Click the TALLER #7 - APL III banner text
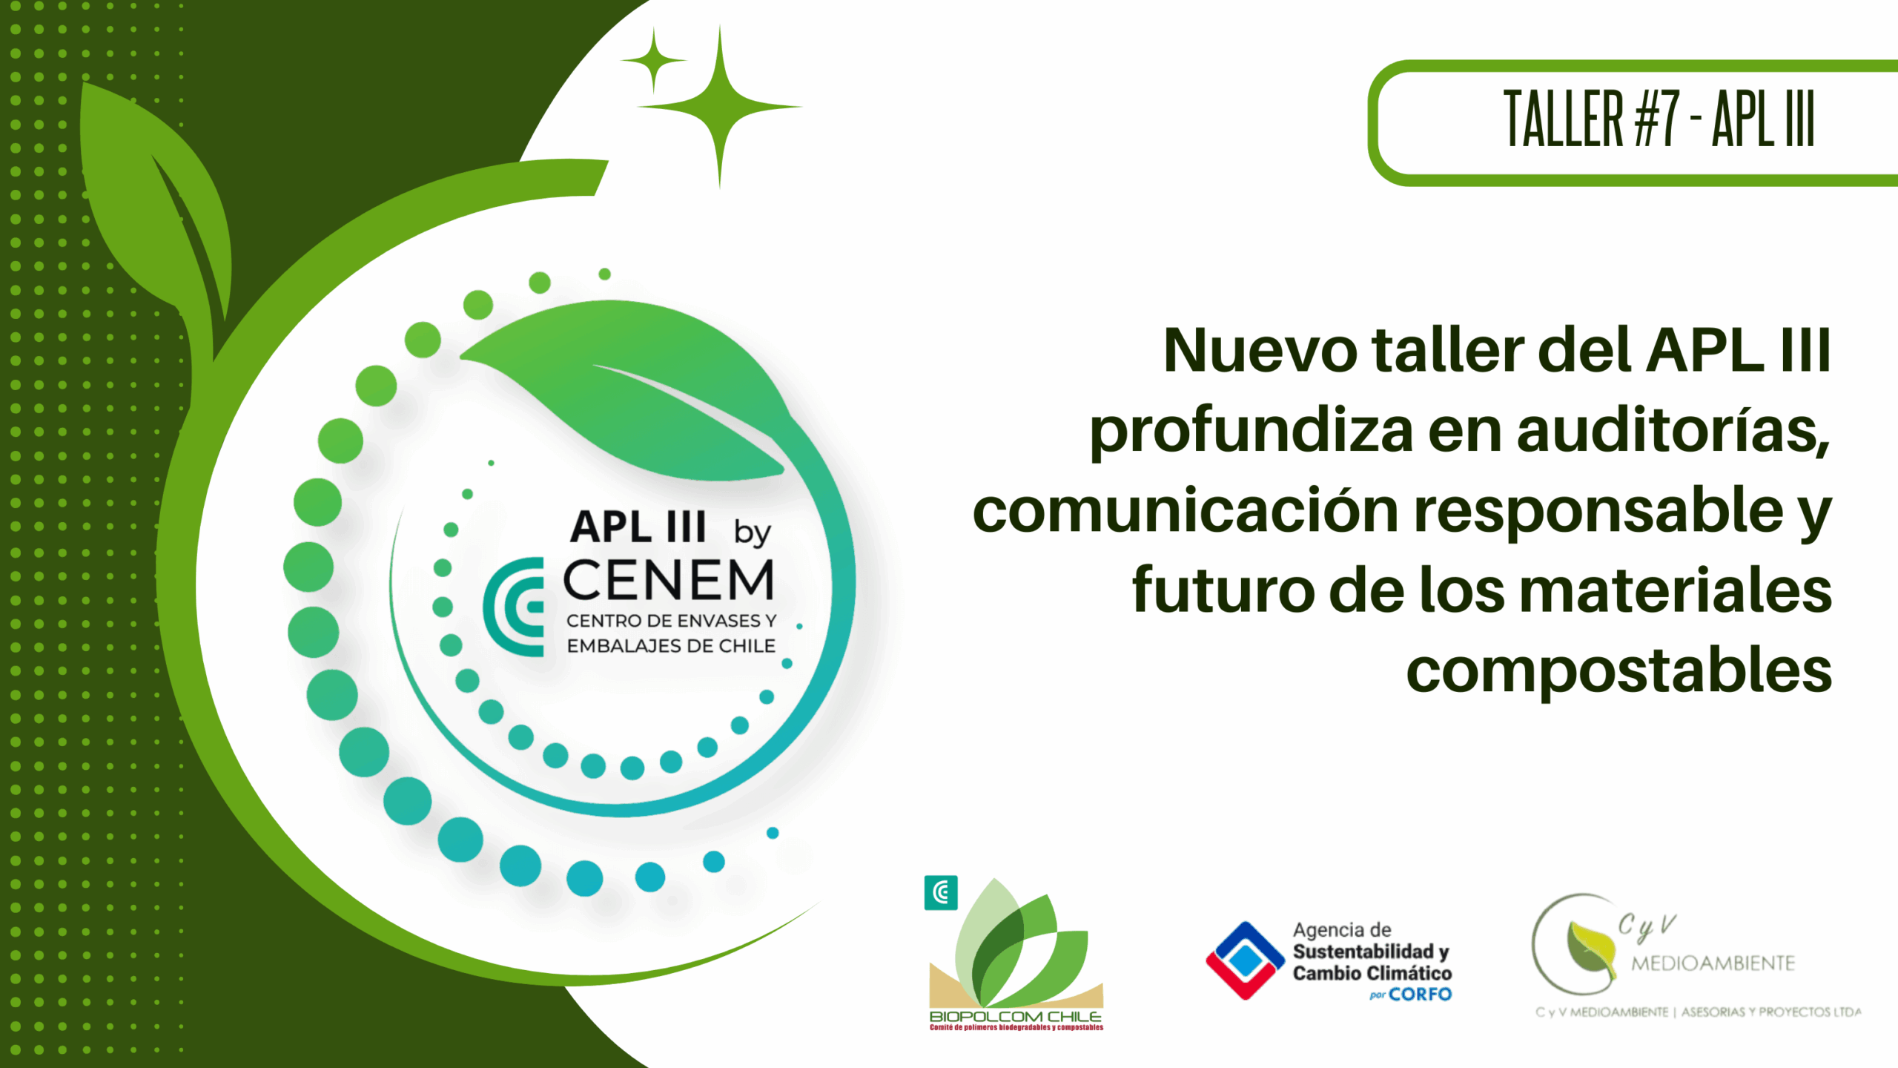point(1659,119)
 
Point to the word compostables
point(1619,672)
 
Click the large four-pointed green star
point(719,107)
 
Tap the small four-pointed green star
point(653,61)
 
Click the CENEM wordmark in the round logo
point(669,580)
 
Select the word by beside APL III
point(753,532)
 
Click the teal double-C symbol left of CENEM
point(513,607)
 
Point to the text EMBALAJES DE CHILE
point(671,646)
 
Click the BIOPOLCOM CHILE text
point(1015,1016)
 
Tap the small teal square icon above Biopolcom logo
point(941,892)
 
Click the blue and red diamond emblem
point(1246,960)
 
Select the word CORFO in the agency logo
point(1420,995)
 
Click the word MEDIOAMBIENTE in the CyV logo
point(1713,963)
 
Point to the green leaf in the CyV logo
point(1591,948)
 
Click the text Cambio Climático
point(1372,972)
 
